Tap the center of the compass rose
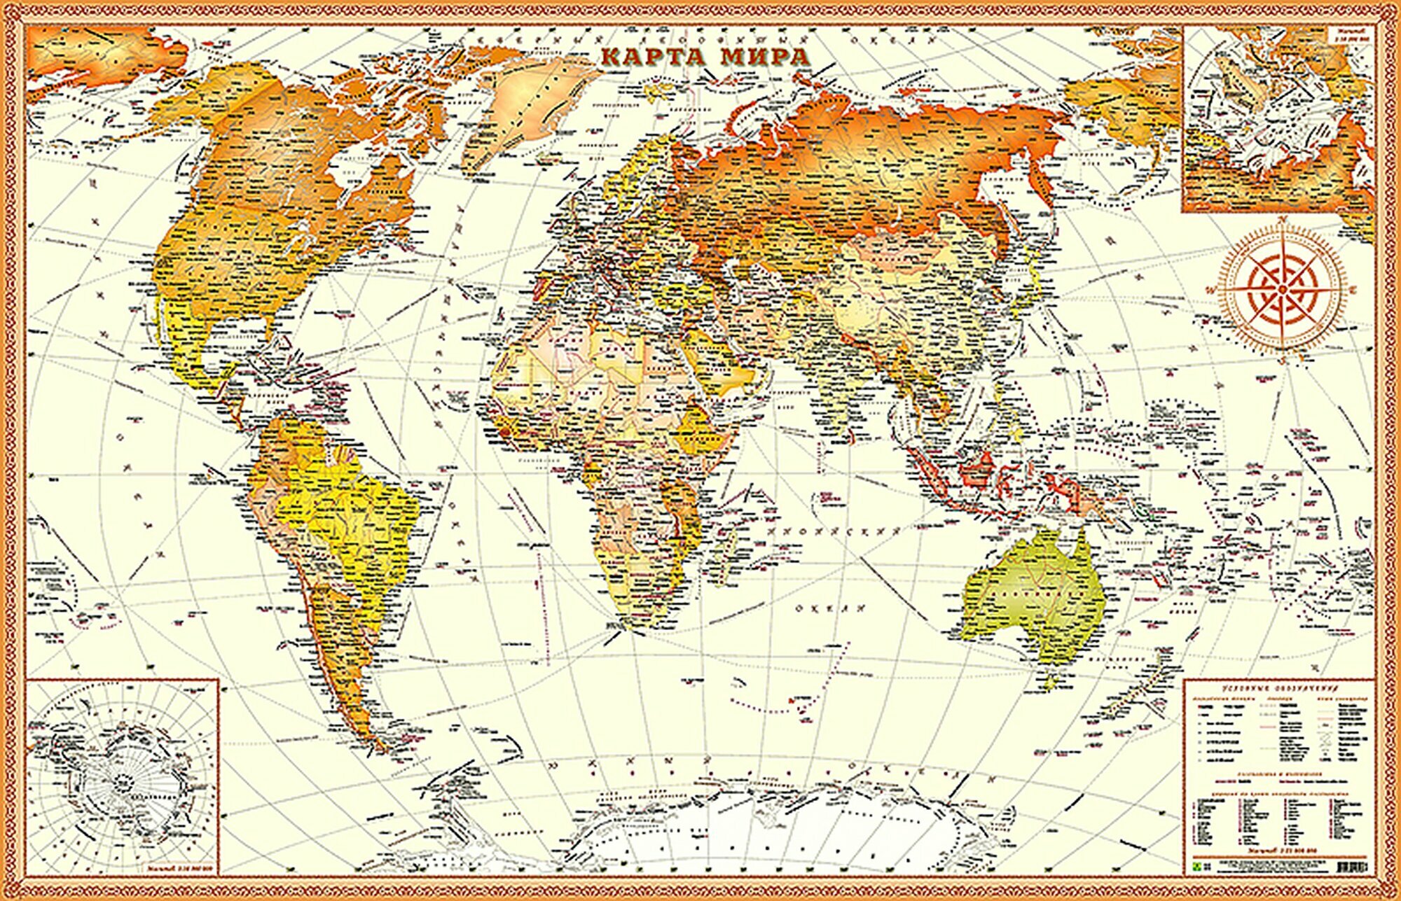(1283, 288)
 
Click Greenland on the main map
(532, 105)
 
